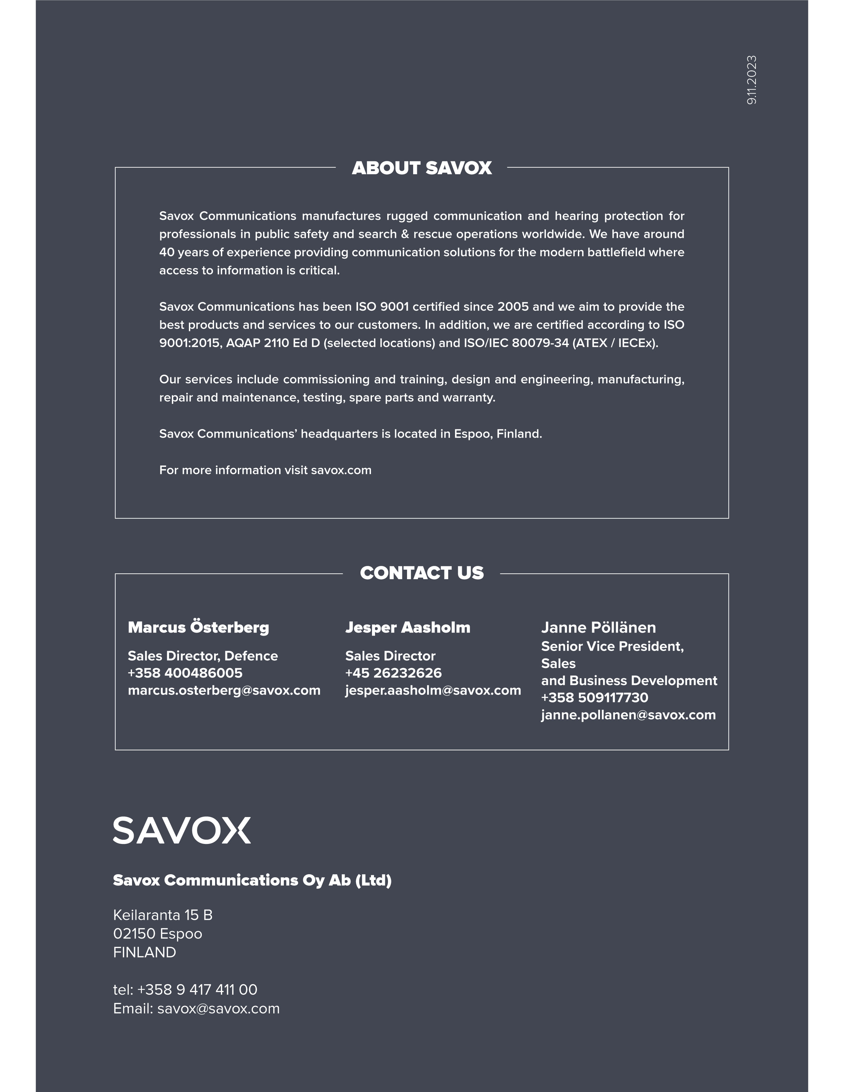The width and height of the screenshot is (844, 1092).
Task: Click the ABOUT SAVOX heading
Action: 422,168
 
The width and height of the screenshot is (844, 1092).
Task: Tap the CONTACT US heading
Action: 422,573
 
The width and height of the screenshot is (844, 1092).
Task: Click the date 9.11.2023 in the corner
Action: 751,80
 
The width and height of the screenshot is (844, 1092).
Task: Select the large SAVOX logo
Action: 182,831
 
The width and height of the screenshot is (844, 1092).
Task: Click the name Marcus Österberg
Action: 198,628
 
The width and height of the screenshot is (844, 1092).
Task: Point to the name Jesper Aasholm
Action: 407,628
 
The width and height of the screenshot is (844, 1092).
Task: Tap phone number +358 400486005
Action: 185,673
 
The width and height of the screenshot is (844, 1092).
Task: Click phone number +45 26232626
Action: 393,673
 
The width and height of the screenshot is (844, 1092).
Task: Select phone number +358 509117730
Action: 595,698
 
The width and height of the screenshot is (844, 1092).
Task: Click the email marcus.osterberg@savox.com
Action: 224,690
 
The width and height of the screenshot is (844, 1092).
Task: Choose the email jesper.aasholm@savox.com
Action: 433,690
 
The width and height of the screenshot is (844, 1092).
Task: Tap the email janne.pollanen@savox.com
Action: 628,715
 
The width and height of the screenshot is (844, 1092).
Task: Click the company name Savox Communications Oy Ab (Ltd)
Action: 252,880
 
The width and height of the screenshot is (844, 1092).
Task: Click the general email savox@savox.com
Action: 218,1009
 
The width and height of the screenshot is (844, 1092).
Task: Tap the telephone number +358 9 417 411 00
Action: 197,990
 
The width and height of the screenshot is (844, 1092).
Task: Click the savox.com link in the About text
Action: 341,471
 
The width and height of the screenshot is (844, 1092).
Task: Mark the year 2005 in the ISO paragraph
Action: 513,307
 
